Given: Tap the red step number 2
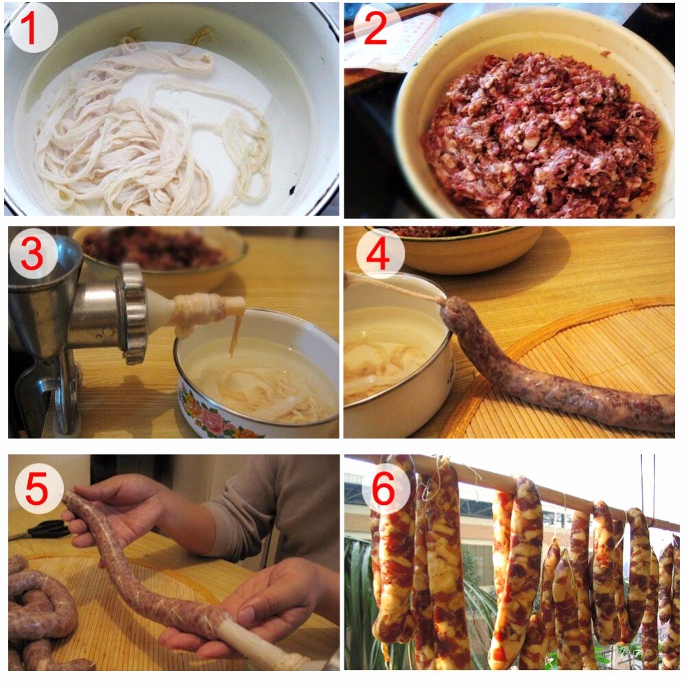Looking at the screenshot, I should pyautogui.click(x=375, y=29).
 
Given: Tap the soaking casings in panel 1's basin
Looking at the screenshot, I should pyautogui.click(x=137, y=137).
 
